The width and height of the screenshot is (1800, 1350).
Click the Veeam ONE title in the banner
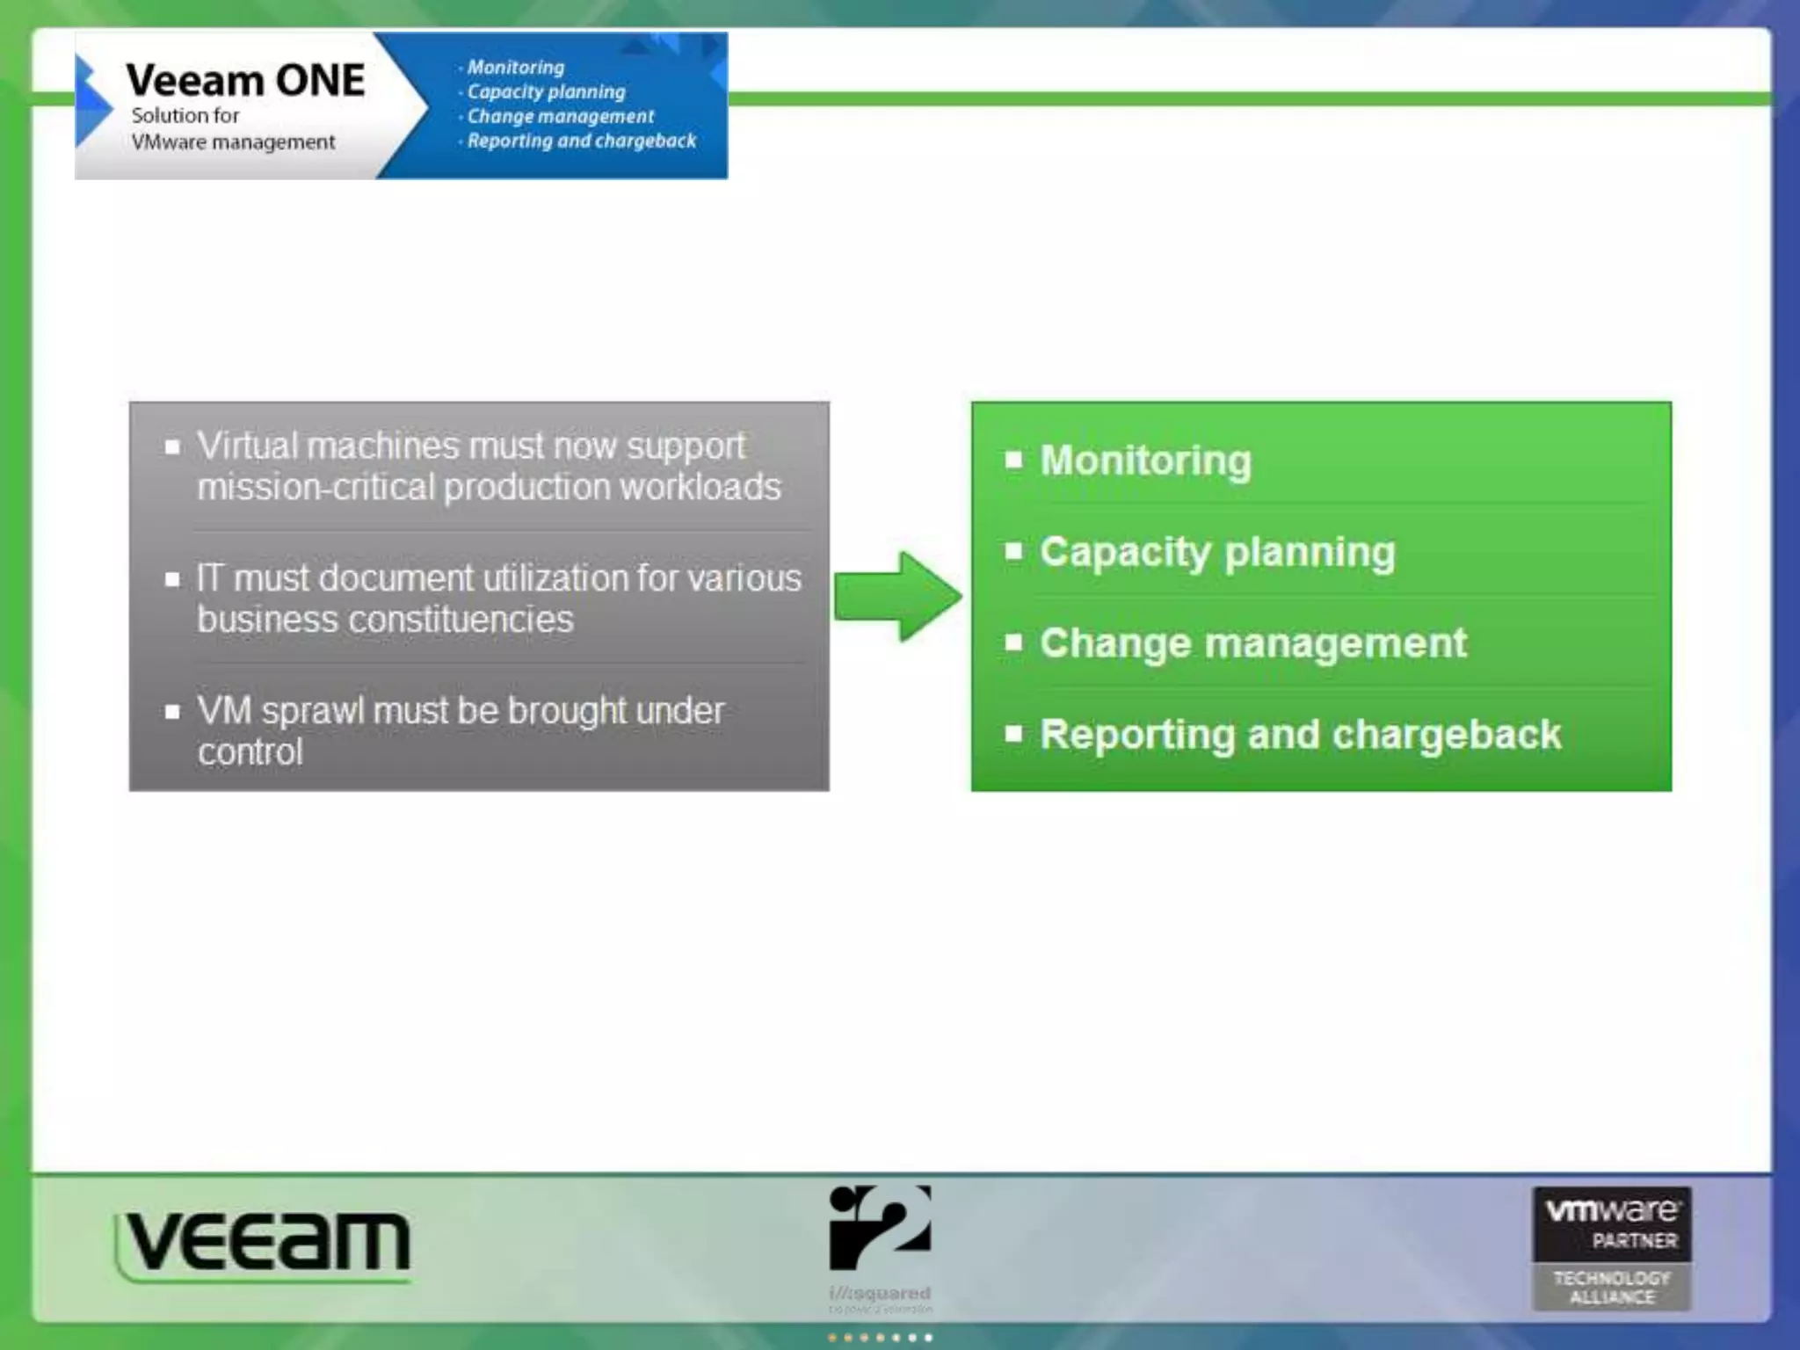[245, 81]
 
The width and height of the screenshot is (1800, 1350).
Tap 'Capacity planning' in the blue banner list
[546, 91]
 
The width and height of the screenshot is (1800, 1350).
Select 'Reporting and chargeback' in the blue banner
[581, 141]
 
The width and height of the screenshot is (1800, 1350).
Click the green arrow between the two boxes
[896, 597]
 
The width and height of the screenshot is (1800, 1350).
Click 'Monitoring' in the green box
[1145, 461]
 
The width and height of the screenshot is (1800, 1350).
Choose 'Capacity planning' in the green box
[1217, 552]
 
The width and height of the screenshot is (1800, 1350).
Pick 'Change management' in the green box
[1253, 643]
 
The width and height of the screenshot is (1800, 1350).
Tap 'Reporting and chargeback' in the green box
[1300, 735]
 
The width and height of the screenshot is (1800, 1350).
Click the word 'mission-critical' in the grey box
[316, 488]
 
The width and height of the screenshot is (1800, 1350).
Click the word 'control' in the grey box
[250, 752]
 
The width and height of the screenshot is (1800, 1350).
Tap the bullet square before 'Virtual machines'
[172, 447]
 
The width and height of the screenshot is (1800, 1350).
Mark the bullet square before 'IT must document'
[172, 579]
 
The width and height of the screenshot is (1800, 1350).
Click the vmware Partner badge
[1612, 1223]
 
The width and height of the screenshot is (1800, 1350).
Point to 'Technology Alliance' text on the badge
[1612, 1288]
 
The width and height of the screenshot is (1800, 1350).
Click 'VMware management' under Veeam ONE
[233, 142]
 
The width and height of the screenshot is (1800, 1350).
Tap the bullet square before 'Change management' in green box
[1013, 642]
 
